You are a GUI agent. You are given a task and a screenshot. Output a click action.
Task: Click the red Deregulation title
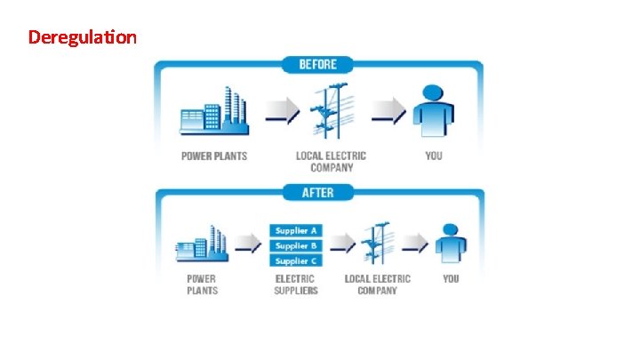(x=82, y=37)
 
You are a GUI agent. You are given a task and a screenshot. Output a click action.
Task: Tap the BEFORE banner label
(x=317, y=64)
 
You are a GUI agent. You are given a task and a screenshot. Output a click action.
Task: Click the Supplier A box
(x=296, y=230)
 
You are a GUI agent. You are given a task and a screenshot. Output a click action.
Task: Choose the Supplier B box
(x=296, y=245)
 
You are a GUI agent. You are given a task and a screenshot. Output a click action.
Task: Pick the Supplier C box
(x=296, y=260)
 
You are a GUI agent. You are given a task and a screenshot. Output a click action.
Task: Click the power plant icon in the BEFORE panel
(x=212, y=113)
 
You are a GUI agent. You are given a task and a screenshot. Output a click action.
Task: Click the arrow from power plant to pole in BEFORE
(x=283, y=111)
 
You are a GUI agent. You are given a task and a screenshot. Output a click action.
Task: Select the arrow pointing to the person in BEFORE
(x=388, y=111)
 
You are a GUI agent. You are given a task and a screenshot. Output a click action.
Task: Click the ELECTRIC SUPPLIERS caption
(x=296, y=284)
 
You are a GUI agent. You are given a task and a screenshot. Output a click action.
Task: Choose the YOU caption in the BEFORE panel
(x=433, y=156)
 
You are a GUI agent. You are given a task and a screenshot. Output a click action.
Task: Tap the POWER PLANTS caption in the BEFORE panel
(x=214, y=156)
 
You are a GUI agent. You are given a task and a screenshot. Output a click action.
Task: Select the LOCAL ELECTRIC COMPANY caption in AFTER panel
(x=377, y=284)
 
